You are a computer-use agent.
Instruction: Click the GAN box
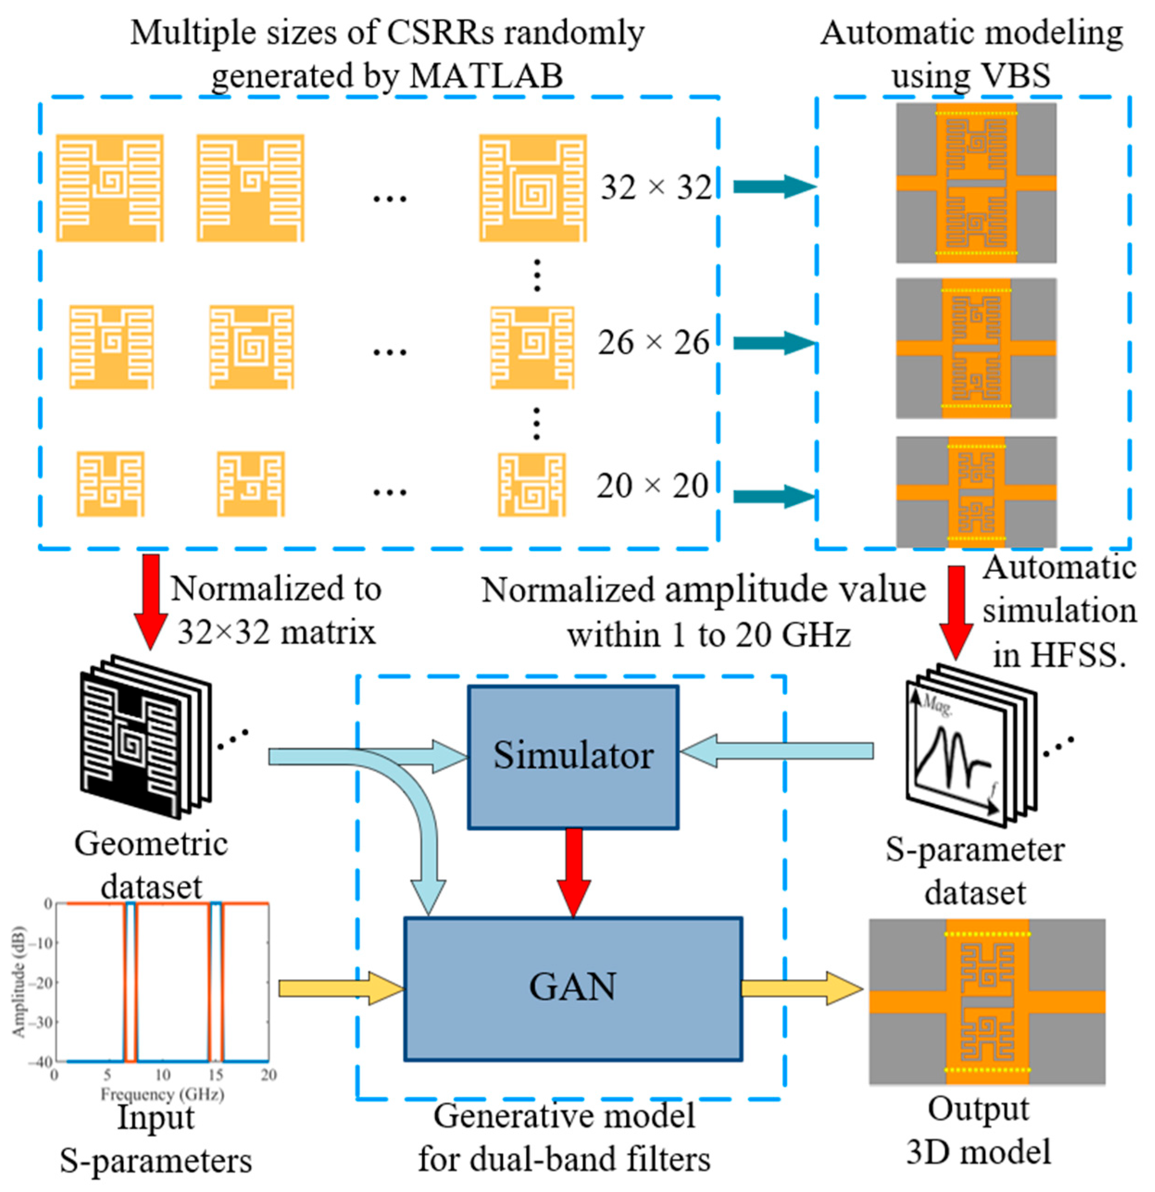(x=573, y=988)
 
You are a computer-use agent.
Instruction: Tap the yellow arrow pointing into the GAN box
(x=341, y=988)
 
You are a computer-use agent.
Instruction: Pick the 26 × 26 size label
(x=653, y=343)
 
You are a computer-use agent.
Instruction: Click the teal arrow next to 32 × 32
(x=773, y=186)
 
